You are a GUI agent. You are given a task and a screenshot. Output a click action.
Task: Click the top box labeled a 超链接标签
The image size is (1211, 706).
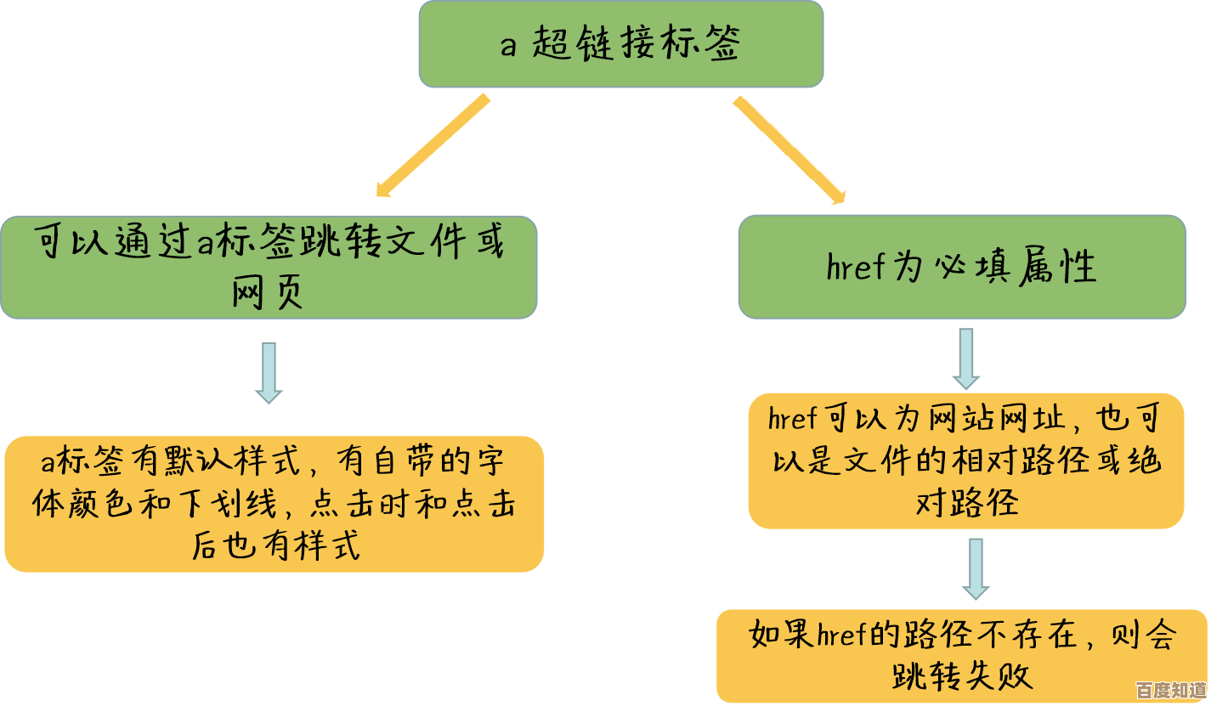pos(620,44)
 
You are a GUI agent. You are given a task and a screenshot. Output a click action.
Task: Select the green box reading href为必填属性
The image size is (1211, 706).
pos(961,267)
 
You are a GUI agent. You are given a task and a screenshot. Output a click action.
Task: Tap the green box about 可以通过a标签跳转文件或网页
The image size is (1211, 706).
pos(269,267)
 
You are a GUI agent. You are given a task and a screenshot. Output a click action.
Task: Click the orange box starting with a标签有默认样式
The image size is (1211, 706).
pos(274,504)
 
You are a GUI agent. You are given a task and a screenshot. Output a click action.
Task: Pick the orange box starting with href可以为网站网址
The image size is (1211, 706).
pos(965,460)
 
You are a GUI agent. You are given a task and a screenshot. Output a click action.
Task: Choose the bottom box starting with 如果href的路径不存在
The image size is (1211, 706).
pos(961,655)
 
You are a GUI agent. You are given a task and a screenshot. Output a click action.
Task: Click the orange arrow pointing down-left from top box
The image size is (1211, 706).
pos(433,146)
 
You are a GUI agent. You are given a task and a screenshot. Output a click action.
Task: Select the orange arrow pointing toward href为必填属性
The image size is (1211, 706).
pos(790,150)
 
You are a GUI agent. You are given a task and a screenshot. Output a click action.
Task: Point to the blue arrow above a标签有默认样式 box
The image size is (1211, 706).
pos(269,372)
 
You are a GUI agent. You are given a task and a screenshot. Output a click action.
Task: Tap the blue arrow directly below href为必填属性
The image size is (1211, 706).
pos(965,359)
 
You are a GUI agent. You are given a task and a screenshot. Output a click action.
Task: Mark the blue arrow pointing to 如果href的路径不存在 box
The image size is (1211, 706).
pos(976,569)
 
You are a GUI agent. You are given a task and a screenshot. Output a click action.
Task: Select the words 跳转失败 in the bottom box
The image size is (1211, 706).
pos(962,676)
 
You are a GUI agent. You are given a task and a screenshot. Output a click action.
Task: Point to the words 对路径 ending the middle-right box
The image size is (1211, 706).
pos(966,503)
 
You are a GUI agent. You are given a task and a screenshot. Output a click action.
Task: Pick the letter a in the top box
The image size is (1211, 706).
pos(508,45)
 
